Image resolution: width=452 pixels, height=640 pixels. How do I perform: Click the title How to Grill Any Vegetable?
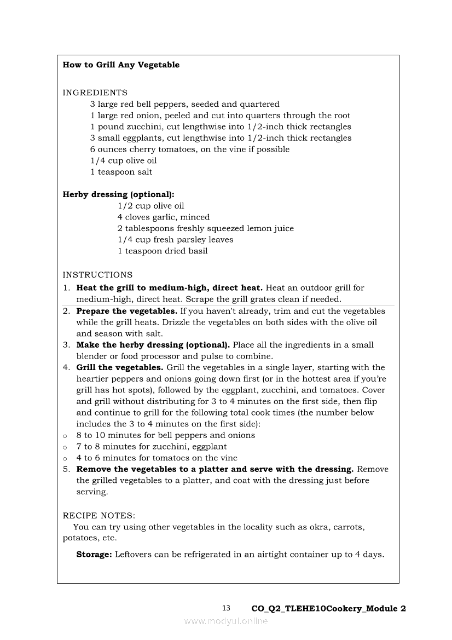[x=121, y=65]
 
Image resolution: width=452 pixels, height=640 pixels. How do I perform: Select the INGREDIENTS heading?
[x=95, y=93]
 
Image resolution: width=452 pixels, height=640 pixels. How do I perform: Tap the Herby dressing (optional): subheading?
[x=119, y=194]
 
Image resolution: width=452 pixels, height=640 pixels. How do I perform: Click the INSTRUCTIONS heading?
[x=97, y=275]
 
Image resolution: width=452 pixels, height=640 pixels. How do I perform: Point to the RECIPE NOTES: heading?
[x=99, y=516]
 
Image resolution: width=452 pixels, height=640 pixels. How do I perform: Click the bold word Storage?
[x=94, y=555]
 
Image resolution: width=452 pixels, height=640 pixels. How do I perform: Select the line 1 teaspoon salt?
[x=121, y=172]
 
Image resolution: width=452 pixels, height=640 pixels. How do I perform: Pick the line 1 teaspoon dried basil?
[x=163, y=251]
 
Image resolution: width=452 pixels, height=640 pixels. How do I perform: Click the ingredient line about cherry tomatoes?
[x=190, y=149]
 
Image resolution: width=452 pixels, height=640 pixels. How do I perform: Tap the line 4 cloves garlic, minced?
[x=164, y=217]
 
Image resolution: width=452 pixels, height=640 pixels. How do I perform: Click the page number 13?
[x=227, y=608]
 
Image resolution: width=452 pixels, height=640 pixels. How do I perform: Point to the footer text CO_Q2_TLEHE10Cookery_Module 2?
[x=328, y=609]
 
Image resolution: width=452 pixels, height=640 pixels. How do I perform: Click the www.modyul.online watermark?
[x=226, y=621]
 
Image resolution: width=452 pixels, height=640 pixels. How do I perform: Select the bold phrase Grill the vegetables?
[x=119, y=367]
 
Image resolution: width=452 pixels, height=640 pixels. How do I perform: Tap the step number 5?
[x=66, y=469]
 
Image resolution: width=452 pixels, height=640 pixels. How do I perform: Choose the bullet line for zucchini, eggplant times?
[x=151, y=447]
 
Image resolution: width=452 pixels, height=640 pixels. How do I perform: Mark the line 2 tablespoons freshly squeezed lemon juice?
[x=206, y=228]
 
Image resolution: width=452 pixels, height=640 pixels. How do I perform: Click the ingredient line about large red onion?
[x=220, y=116]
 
